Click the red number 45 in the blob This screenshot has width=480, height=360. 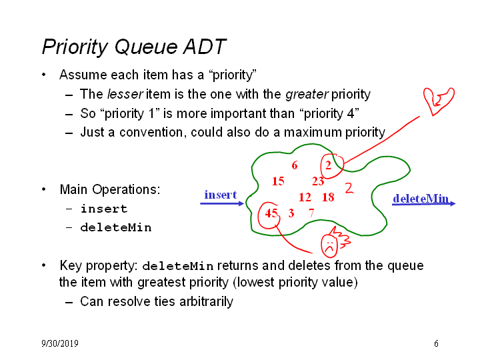click(x=271, y=213)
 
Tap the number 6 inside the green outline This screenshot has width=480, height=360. click(x=295, y=165)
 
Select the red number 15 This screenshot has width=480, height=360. click(x=278, y=181)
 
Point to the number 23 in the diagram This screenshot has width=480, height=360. click(x=318, y=181)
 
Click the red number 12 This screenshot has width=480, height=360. click(x=305, y=197)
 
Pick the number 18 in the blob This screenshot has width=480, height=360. click(x=328, y=197)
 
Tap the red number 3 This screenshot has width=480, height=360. click(x=291, y=213)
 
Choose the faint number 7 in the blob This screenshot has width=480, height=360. click(x=311, y=213)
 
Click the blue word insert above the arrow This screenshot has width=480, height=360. click(x=221, y=195)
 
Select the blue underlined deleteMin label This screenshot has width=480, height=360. click(x=421, y=199)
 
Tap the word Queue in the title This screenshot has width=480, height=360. click(x=146, y=47)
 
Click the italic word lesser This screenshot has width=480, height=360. click(x=125, y=94)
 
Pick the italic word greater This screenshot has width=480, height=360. click(x=307, y=95)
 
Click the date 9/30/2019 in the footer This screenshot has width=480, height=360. click(x=60, y=343)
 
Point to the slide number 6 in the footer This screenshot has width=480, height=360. click(x=436, y=343)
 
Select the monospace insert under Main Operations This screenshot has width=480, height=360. click(x=104, y=209)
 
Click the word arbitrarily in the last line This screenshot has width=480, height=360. click(x=206, y=302)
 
